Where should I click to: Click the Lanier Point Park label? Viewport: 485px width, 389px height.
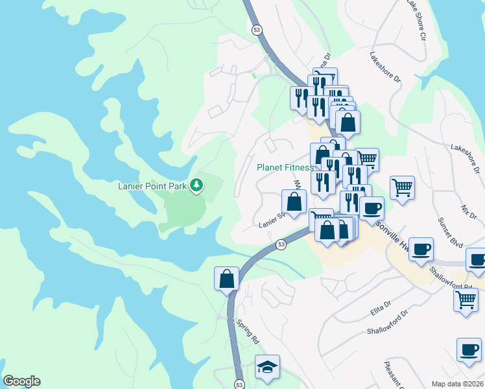152,187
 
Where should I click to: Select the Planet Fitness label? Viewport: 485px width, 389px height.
285,167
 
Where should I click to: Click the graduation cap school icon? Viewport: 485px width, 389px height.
267,367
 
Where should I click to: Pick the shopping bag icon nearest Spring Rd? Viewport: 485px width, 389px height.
227,279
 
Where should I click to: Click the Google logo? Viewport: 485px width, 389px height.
21,381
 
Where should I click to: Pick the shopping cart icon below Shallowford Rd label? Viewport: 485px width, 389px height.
466,301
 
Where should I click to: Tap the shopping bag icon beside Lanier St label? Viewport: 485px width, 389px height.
294,201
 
